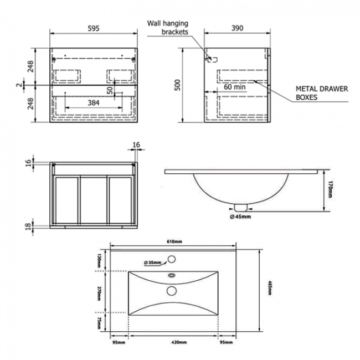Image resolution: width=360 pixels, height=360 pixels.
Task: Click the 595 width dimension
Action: pos(93,29)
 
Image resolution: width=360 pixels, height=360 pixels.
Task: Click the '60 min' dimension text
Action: pos(235,87)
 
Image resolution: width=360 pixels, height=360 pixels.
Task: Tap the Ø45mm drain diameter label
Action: pos(240,217)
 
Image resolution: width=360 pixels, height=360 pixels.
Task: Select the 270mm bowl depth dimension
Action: pos(99,293)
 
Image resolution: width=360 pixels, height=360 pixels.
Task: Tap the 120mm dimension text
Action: pos(99,259)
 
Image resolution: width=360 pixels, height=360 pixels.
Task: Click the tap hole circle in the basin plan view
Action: pos(172,259)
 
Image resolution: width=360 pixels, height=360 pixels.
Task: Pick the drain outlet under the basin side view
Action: pos(240,207)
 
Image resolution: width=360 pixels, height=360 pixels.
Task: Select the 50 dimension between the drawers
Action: pos(110,89)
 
